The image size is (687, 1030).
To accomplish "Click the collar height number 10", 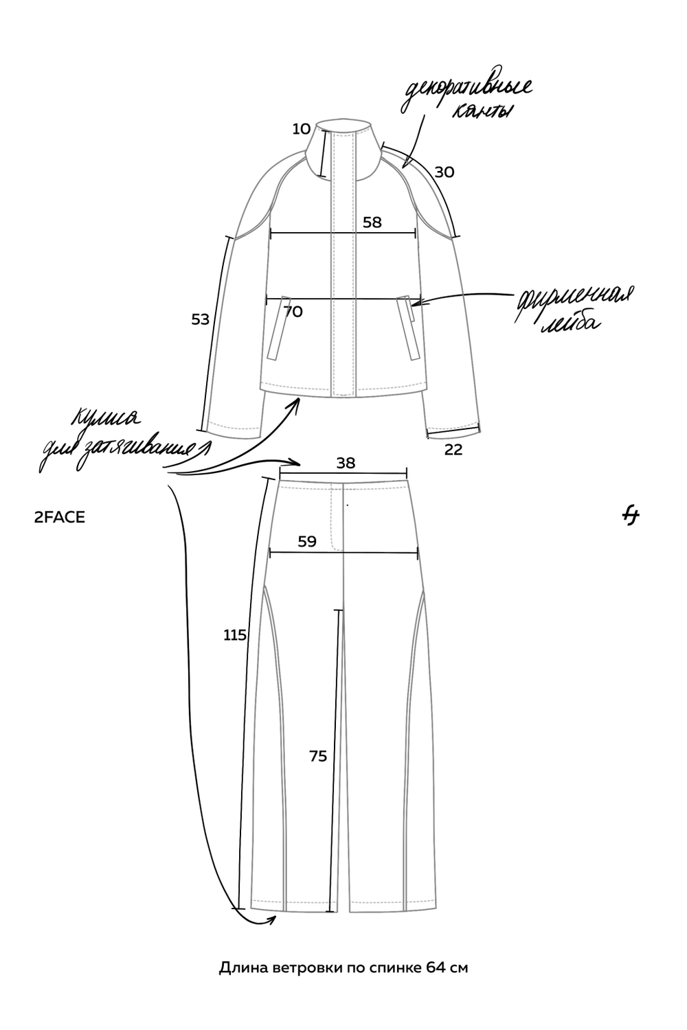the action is (302, 129).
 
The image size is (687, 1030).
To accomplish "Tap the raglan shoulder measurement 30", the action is (444, 172).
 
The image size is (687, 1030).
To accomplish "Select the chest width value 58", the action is (372, 222).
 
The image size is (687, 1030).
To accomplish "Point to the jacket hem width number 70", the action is (293, 312).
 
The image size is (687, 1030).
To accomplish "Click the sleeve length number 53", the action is (200, 319).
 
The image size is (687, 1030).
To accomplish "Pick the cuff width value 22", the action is (453, 450).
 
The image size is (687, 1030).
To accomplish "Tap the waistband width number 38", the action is (346, 463).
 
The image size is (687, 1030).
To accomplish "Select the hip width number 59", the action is (307, 542).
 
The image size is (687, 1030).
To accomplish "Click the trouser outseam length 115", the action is (235, 635).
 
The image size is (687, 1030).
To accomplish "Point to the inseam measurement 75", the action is (318, 756).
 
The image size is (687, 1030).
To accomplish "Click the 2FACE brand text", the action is (60, 518).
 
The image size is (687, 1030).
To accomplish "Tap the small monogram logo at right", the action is (631, 517).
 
